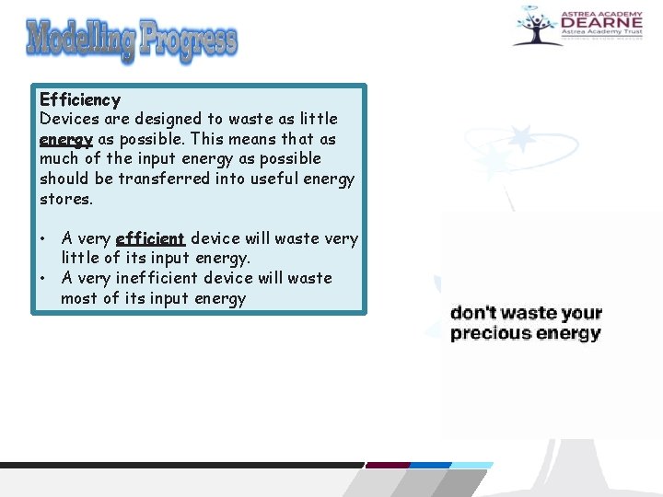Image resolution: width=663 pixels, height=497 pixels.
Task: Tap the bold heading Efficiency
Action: point(80,99)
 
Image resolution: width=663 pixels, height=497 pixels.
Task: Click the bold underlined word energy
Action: point(65,140)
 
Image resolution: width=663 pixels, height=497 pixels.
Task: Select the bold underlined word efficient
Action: point(151,239)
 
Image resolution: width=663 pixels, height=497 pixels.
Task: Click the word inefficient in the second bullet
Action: point(169,278)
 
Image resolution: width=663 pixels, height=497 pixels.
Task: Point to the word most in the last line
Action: point(80,298)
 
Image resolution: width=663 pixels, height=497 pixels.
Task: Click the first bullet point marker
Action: point(44,239)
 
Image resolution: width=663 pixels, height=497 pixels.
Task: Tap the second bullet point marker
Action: point(44,278)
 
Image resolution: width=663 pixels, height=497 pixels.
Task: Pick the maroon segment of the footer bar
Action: point(388,465)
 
